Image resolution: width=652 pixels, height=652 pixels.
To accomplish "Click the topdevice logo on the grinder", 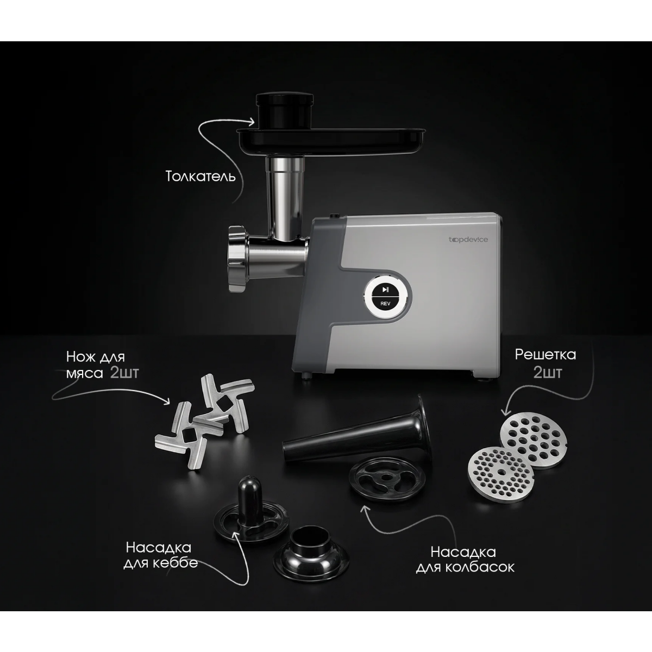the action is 468,240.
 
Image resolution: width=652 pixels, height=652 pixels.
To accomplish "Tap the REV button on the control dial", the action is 385,304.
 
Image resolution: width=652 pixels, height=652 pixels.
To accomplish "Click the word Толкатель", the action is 200,176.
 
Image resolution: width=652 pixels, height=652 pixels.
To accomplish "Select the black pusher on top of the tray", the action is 284,109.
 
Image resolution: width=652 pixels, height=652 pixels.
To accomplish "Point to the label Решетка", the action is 545,355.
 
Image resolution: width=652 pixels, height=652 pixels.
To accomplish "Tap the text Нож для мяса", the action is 96,365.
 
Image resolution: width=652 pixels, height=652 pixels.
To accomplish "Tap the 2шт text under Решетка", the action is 548,373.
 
